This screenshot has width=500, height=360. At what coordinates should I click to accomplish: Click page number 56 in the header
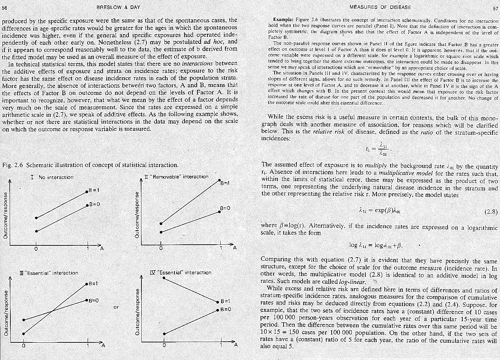5,7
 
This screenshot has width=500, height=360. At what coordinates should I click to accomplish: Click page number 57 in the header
495,8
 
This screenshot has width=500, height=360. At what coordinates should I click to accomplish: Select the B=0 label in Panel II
225,208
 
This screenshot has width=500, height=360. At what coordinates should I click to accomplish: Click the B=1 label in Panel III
94,283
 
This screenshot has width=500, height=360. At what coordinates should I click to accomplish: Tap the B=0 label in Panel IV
225,309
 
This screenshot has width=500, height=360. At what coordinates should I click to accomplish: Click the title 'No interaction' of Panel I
56,177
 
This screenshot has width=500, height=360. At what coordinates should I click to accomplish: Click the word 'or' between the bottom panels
116,307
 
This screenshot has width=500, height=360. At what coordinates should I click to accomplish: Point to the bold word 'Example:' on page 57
283,19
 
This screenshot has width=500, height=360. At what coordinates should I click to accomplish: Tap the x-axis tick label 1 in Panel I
88,249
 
